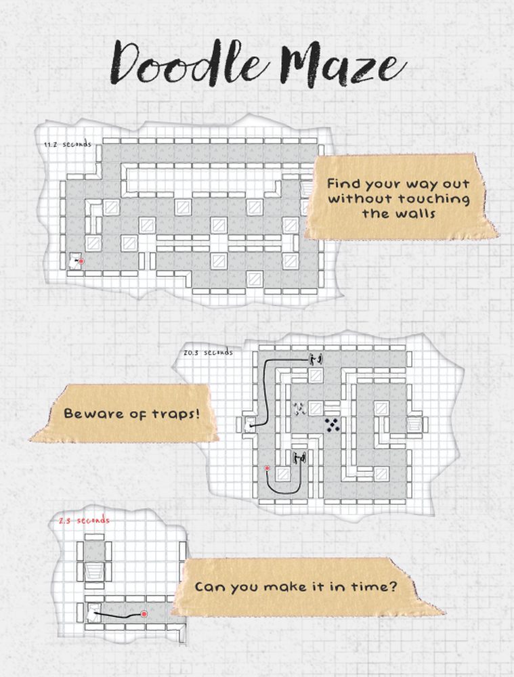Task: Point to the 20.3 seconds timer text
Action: pyautogui.click(x=207, y=353)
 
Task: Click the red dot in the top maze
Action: pyautogui.click(x=81, y=259)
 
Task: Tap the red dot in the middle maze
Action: pyautogui.click(x=268, y=468)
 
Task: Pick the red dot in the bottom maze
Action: pyautogui.click(x=144, y=613)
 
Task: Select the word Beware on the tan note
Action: pyautogui.click(x=91, y=413)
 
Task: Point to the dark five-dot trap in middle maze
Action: pyautogui.click(x=332, y=424)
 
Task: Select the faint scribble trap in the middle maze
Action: pyautogui.click(x=299, y=408)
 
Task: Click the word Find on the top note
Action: pyautogui.click(x=343, y=184)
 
